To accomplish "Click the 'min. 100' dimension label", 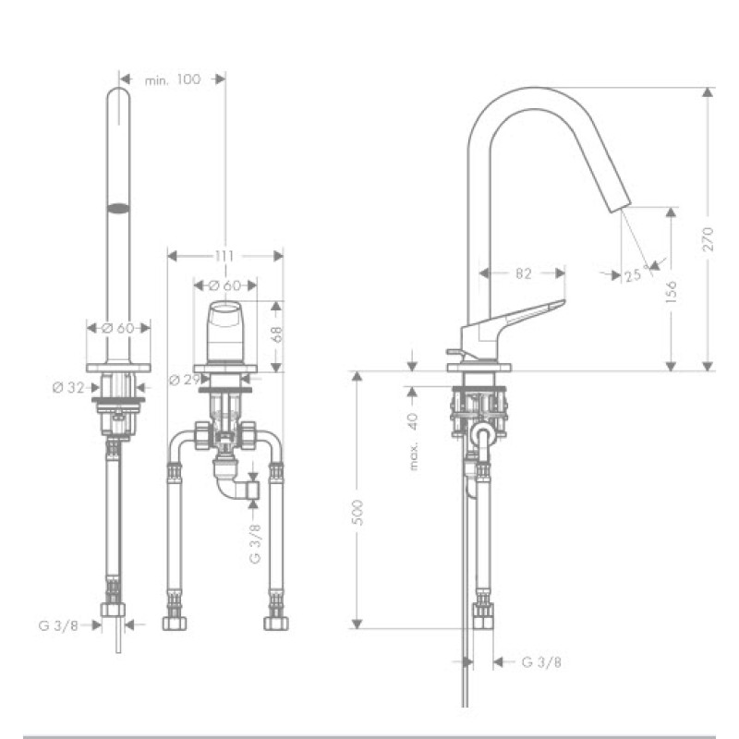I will [x=172, y=79].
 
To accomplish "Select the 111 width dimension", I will [x=224, y=254].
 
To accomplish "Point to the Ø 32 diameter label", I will [x=69, y=387].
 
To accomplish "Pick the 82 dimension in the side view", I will [x=523, y=273].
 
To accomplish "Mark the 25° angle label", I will [x=633, y=274].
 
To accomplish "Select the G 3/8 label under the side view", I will [x=541, y=661].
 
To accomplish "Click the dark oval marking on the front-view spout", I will [x=117, y=208].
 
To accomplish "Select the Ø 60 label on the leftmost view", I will [x=117, y=327].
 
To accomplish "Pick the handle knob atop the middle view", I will [x=224, y=330].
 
